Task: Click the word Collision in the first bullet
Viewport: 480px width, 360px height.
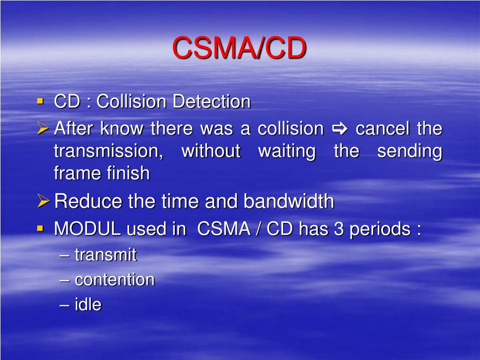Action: click(x=131, y=101)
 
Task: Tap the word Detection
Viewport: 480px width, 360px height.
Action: click(x=211, y=101)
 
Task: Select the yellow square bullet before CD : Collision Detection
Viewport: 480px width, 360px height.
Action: click(x=40, y=101)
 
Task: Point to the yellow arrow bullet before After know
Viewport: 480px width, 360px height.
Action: click(x=43, y=128)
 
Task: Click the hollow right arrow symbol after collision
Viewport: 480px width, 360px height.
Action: click(x=339, y=128)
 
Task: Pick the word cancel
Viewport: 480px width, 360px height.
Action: click(x=382, y=128)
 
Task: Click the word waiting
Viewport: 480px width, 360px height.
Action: click(x=287, y=151)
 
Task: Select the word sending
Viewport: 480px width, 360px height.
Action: click(x=410, y=151)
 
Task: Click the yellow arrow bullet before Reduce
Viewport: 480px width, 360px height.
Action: click(x=43, y=201)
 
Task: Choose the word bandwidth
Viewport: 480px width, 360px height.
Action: click(x=289, y=201)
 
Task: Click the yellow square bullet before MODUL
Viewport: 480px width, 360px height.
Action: click(x=40, y=228)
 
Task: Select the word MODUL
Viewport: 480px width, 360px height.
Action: click(x=87, y=229)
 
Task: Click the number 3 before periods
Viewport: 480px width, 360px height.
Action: click(x=338, y=229)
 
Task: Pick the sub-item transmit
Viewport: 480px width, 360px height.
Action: click(x=105, y=255)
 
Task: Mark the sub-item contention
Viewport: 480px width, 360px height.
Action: click(x=114, y=279)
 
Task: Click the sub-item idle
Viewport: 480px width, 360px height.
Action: click(x=88, y=304)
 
